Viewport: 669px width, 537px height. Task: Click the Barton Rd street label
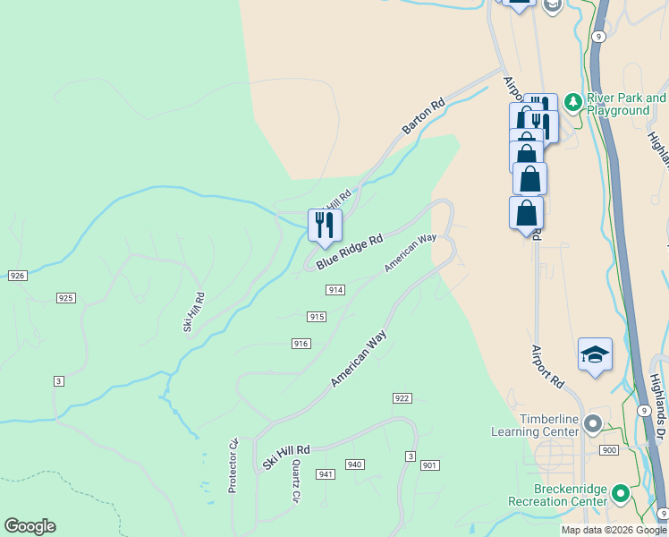pyautogui.click(x=423, y=117)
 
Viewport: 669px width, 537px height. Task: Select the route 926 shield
pyautogui.click(x=17, y=276)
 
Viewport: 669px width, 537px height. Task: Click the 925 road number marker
pyautogui.click(x=65, y=297)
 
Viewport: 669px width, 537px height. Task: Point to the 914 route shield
pyautogui.click(x=335, y=290)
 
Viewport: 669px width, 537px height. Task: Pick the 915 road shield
pyautogui.click(x=317, y=317)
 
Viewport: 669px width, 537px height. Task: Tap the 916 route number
pyautogui.click(x=301, y=344)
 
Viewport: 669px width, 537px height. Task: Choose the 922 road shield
pyautogui.click(x=402, y=397)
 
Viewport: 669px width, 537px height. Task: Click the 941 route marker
pyautogui.click(x=325, y=473)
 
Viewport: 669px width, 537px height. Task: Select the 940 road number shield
pyautogui.click(x=355, y=465)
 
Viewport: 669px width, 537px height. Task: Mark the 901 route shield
pyautogui.click(x=430, y=465)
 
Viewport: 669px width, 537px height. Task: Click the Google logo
pyautogui.click(x=30, y=526)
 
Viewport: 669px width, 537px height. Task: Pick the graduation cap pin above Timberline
pyautogui.click(x=595, y=355)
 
